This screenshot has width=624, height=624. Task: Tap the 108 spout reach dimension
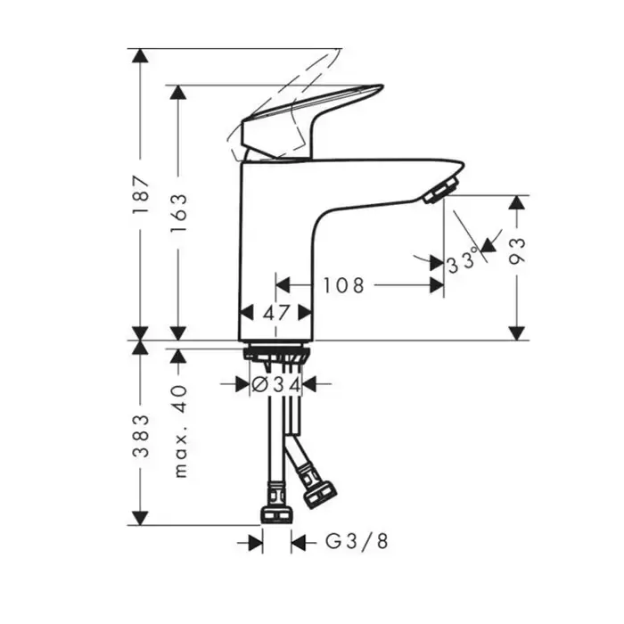[343, 285]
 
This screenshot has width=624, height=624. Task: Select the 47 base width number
[275, 313]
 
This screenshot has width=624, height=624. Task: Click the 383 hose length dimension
[139, 433]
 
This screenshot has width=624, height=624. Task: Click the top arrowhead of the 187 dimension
[139, 55]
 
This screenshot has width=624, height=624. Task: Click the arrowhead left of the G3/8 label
[256, 541]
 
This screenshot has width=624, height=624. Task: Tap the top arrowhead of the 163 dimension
[181, 93]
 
